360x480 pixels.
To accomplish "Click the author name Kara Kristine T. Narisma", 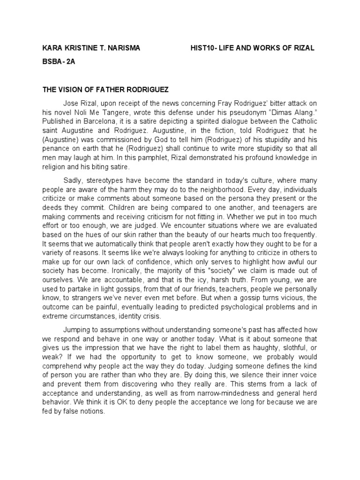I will tap(91, 49).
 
